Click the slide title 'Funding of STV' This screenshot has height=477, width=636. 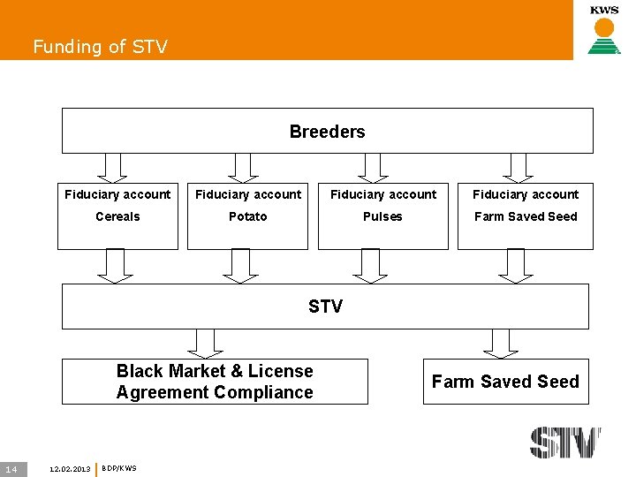tap(100, 47)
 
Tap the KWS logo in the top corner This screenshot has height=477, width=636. tap(604, 29)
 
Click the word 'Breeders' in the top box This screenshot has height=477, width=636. tap(327, 132)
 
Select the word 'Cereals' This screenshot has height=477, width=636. tap(117, 216)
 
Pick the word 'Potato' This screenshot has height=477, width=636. tap(247, 216)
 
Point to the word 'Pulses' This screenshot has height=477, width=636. tap(382, 216)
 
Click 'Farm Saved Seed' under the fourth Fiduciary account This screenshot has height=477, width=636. tap(526, 216)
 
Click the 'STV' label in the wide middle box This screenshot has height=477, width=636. tap(325, 307)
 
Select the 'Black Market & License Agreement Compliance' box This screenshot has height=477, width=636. tap(215, 382)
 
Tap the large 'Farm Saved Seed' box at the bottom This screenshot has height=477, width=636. tap(505, 382)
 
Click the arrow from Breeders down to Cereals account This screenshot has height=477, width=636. tap(111, 167)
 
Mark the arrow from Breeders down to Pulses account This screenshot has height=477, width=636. tap(373, 167)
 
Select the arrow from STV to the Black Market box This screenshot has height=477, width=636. tap(205, 343)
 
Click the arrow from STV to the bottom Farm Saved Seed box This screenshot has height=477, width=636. tap(501, 343)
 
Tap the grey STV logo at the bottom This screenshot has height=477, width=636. tap(565, 442)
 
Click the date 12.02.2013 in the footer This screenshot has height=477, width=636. tap(71, 468)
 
